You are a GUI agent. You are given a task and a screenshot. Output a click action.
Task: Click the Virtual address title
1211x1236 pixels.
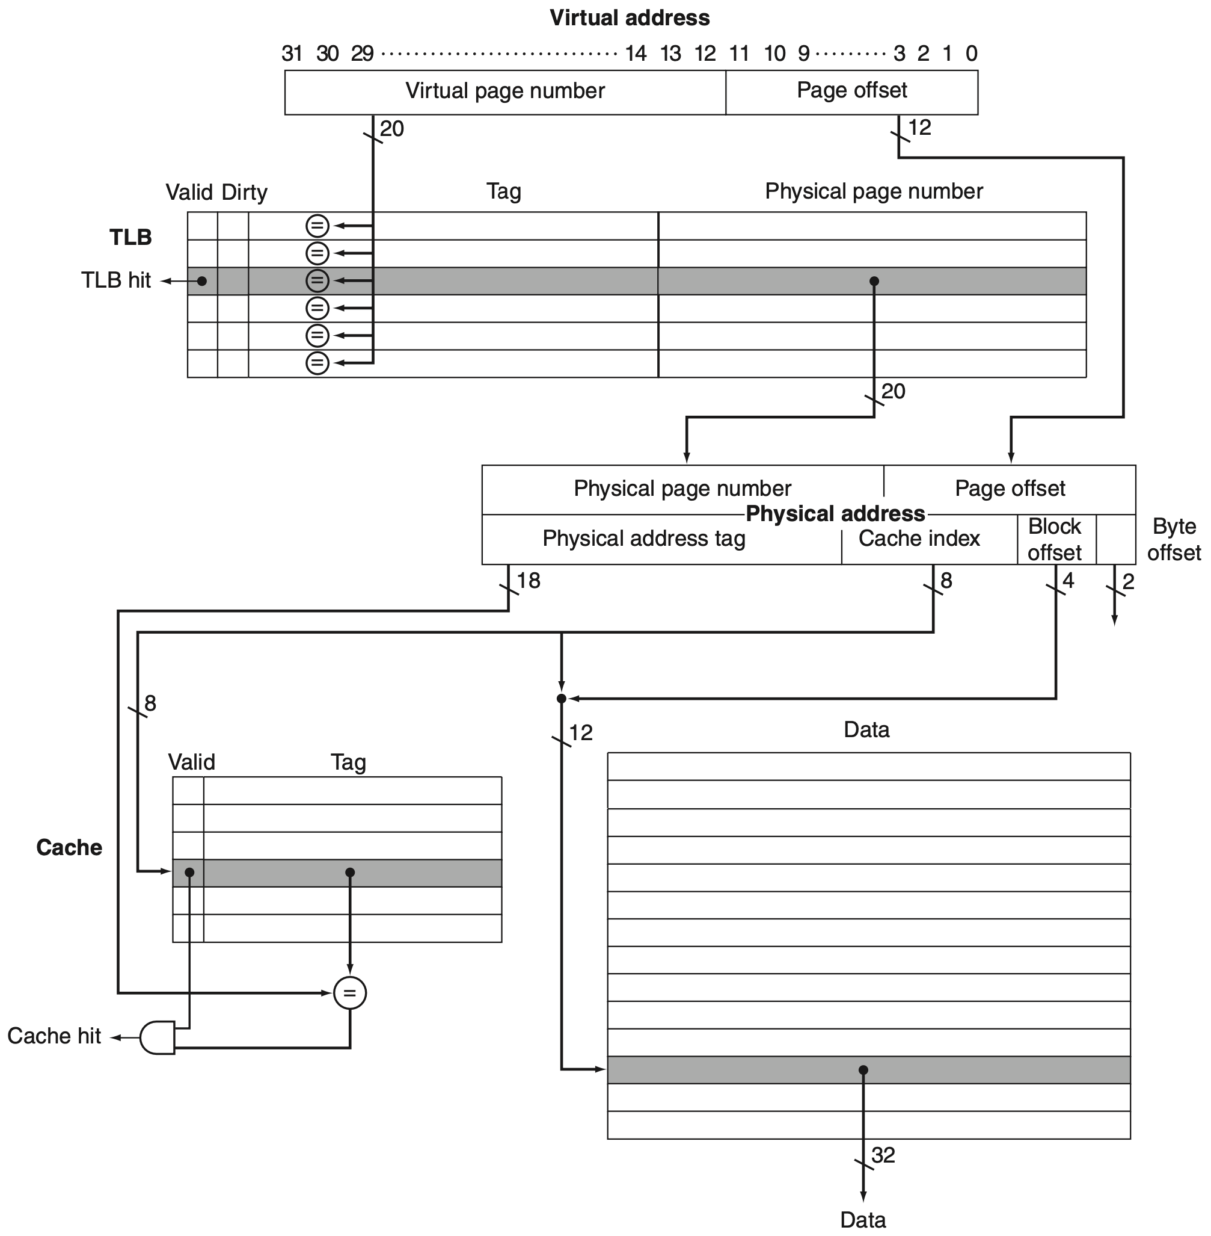[629, 18]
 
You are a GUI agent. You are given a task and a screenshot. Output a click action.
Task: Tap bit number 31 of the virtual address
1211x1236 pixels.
[292, 54]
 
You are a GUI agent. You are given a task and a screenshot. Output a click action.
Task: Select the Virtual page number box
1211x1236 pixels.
[505, 91]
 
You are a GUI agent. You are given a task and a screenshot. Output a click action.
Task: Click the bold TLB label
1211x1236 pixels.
[130, 238]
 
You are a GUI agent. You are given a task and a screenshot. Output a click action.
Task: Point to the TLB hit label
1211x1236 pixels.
[116, 280]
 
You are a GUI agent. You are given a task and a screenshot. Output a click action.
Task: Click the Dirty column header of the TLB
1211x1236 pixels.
[244, 192]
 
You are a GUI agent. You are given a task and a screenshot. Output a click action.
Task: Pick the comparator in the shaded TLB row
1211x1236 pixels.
[317, 280]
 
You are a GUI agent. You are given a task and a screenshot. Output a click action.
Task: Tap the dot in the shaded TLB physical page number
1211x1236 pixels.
[874, 281]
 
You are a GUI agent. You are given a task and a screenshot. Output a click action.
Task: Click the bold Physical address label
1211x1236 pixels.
[835, 514]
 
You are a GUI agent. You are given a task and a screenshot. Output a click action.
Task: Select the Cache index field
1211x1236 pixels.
[919, 539]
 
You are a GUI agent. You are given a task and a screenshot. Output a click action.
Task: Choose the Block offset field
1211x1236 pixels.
[1055, 539]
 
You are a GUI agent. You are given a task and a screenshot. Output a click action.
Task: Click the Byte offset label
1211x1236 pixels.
[1174, 539]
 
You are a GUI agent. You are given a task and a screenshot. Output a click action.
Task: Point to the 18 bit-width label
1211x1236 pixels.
[528, 581]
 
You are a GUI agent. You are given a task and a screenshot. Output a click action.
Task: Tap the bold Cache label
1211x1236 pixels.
[69, 847]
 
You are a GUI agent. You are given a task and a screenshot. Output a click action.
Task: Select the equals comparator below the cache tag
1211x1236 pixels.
[350, 993]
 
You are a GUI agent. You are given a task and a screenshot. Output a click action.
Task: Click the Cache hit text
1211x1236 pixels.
[54, 1036]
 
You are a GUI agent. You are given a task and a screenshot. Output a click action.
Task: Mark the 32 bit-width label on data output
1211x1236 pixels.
[883, 1155]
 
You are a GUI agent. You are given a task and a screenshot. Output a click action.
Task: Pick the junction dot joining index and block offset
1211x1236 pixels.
[561, 699]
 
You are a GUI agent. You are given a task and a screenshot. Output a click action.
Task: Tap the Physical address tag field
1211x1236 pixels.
[643, 539]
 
